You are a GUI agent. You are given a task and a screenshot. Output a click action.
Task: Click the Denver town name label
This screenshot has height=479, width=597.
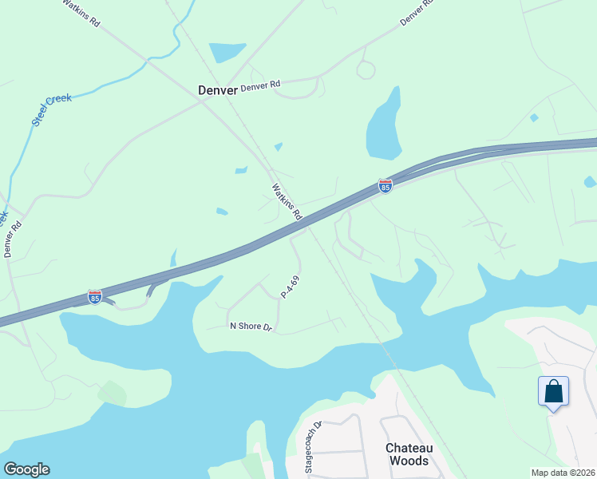(x=217, y=90)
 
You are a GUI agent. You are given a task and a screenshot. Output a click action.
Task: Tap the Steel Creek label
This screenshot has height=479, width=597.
(x=52, y=110)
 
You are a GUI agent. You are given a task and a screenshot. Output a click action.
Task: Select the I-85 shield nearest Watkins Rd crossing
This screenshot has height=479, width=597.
(x=385, y=186)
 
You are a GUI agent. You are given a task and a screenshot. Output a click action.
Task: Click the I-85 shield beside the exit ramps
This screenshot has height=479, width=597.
(x=95, y=297)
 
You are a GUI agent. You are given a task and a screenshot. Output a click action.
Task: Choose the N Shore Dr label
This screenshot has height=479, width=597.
(x=251, y=327)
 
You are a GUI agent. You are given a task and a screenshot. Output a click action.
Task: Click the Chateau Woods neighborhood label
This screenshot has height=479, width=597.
(x=407, y=454)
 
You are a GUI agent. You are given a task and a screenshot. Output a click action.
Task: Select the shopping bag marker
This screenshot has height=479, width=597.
(x=553, y=393)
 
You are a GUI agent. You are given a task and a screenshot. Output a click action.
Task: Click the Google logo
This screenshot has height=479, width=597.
(x=26, y=469)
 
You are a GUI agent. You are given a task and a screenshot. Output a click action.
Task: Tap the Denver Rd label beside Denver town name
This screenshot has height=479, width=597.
(x=261, y=85)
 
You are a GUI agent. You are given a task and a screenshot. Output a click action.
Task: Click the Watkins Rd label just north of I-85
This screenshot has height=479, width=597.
(x=287, y=202)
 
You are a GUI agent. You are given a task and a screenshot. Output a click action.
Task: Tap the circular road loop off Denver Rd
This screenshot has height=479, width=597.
(x=366, y=70)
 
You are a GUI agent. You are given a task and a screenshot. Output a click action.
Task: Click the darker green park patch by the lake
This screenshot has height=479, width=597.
(x=113, y=393)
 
